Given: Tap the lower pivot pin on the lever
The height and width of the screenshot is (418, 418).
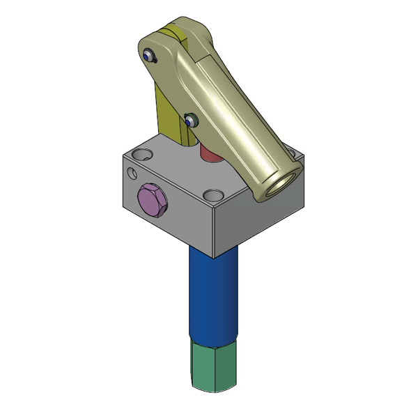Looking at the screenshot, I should [191, 119].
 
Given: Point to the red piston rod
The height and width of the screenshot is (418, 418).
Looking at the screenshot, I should [208, 153].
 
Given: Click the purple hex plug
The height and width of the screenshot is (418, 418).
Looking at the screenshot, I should [153, 202].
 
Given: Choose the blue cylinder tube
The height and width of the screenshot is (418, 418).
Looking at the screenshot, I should [212, 293].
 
